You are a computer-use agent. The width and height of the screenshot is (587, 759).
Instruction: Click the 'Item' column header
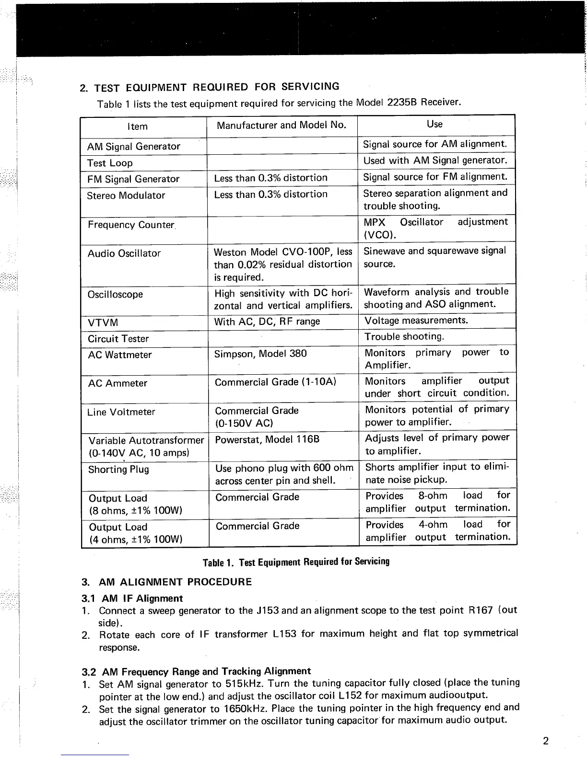pos(137,126)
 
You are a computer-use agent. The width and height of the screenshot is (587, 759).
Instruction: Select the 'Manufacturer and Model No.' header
pos(281,125)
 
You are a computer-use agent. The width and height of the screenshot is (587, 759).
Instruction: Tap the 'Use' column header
pos(434,124)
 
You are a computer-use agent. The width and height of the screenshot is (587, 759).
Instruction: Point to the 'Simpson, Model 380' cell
pos(260,354)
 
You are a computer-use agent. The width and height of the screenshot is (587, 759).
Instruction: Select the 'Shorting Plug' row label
pos(118,469)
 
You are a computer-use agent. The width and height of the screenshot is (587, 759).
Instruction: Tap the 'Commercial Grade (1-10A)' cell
pos(275,382)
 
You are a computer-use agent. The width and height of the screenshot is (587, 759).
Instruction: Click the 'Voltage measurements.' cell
pos(416,320)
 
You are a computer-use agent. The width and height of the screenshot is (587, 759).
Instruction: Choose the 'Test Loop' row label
pos(110,163)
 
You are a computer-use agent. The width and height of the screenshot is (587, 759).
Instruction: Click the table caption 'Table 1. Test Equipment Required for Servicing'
pos(296,562)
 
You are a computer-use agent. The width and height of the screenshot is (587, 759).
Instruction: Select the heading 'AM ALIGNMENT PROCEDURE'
pos(175,582)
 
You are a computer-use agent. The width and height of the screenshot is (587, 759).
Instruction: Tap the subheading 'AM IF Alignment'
pos(142,598)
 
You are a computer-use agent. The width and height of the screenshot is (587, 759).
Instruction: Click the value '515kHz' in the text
pos(244,683)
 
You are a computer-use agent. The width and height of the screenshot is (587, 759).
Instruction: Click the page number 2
pos(546,741)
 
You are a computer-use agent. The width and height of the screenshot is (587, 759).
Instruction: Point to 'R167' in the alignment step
pos(479,610)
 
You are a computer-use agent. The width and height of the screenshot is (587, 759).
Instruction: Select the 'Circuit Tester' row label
pos(118,339)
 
